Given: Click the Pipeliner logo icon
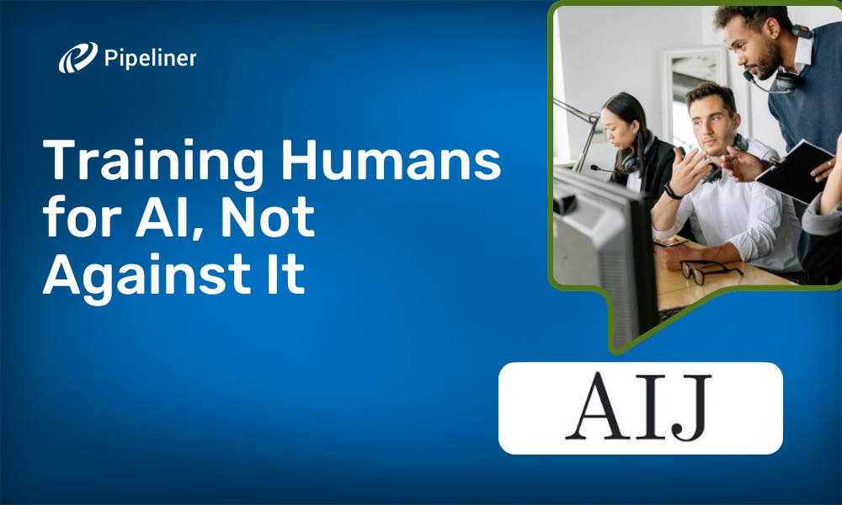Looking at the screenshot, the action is (x=77, y=57).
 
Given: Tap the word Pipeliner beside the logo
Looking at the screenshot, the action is (x=151, y=58).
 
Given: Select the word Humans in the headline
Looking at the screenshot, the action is (x=391, y=160).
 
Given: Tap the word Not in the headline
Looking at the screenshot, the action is (x=268, y=217).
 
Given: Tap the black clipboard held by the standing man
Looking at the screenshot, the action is (x=795, y=171).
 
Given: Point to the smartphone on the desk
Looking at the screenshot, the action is (x=671, y=242).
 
